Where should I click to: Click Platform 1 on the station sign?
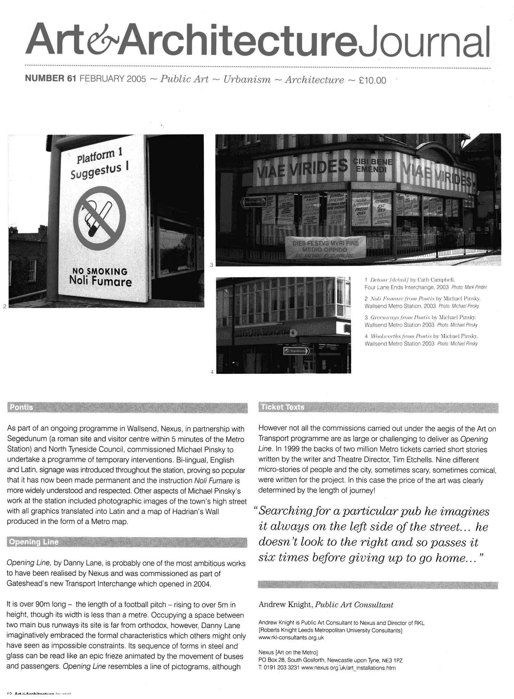point(99,155)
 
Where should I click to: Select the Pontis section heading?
point(22,407)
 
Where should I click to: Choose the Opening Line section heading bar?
point(34,542)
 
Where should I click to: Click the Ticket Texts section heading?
point(282,407)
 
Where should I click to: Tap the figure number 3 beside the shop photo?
point(211,264)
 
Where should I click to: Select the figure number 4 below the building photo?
point(212,372)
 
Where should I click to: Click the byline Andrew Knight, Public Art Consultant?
point(326,605)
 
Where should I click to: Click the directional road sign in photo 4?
point(296,351)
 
